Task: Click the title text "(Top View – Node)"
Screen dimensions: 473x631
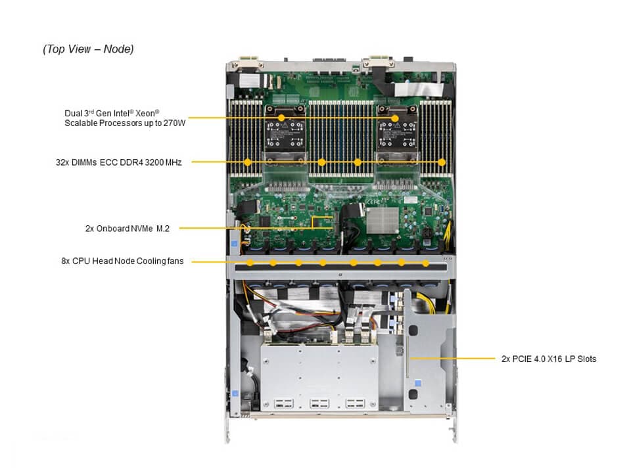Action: point(88,49)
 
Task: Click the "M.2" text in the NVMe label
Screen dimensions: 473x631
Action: point(162,229)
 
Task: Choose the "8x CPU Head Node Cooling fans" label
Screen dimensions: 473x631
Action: point(122,261)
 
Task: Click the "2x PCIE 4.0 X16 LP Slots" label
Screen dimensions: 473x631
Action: point(548,359)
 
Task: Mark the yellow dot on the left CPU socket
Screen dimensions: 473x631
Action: point(281,118)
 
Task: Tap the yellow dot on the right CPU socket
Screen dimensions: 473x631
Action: point(395,118)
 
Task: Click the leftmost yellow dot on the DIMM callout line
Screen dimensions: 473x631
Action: point(247,162)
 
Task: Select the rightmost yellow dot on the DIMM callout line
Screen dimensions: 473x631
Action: point(442,162)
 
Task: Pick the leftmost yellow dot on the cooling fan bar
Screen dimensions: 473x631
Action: point(252,263)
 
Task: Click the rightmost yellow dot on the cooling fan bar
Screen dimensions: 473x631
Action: point(426,263)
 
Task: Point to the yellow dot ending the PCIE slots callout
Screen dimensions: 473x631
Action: point(409,359)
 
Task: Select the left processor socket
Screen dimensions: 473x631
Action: point(281,135)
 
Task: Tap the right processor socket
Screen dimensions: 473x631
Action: point(395,135)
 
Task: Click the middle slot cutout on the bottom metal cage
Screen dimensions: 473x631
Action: point(319,403)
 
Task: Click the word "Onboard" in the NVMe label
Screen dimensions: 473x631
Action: point(114,229)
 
